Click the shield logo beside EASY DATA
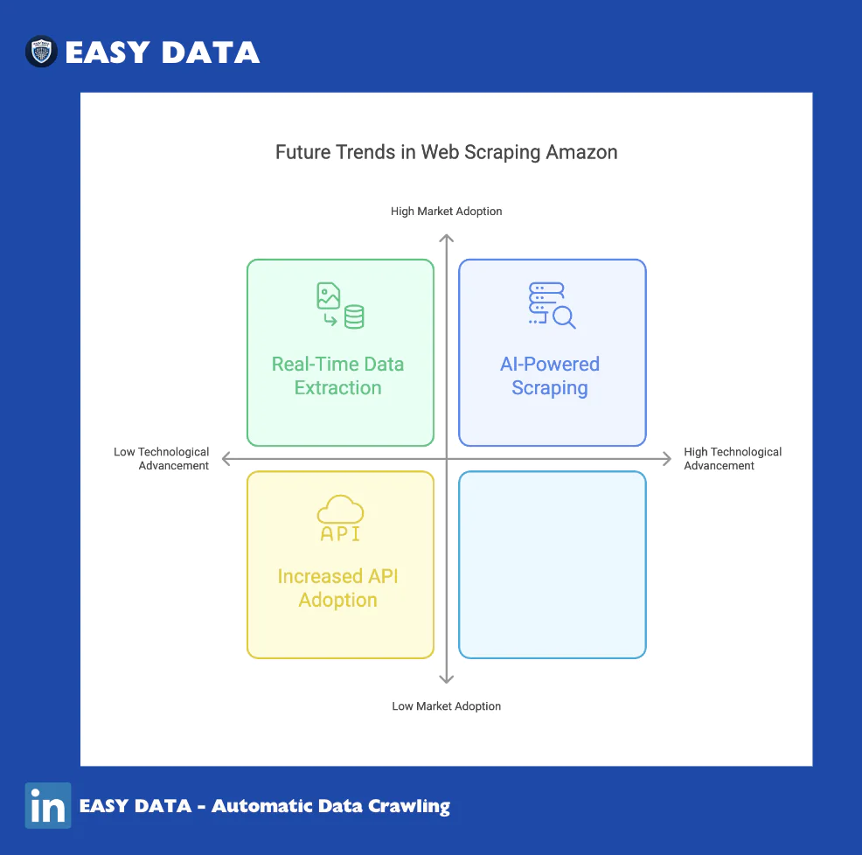tap(41, 52)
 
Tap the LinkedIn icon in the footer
tap(48, 805)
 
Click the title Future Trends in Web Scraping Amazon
tap(447, 152)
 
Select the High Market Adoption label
tap(447, 212)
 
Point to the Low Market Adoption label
tap(447, 706)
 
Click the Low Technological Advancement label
tap(161, 459)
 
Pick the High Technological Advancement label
tap(733, 459)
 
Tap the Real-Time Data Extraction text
tap(337, 376)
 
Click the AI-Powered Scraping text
tap(550, 376)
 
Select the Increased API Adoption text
tap(337, 587)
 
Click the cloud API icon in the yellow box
tap(340, 518)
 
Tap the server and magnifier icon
tap(552, 306)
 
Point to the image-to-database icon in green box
tap(340, 306)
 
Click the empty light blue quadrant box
tap(552, 565)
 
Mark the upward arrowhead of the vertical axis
tap(447, 238)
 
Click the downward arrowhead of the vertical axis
tap(447, 680)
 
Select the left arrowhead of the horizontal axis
tap(225, 459)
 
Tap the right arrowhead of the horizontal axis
tap(668, 459)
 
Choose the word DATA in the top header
tap(211, 52)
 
